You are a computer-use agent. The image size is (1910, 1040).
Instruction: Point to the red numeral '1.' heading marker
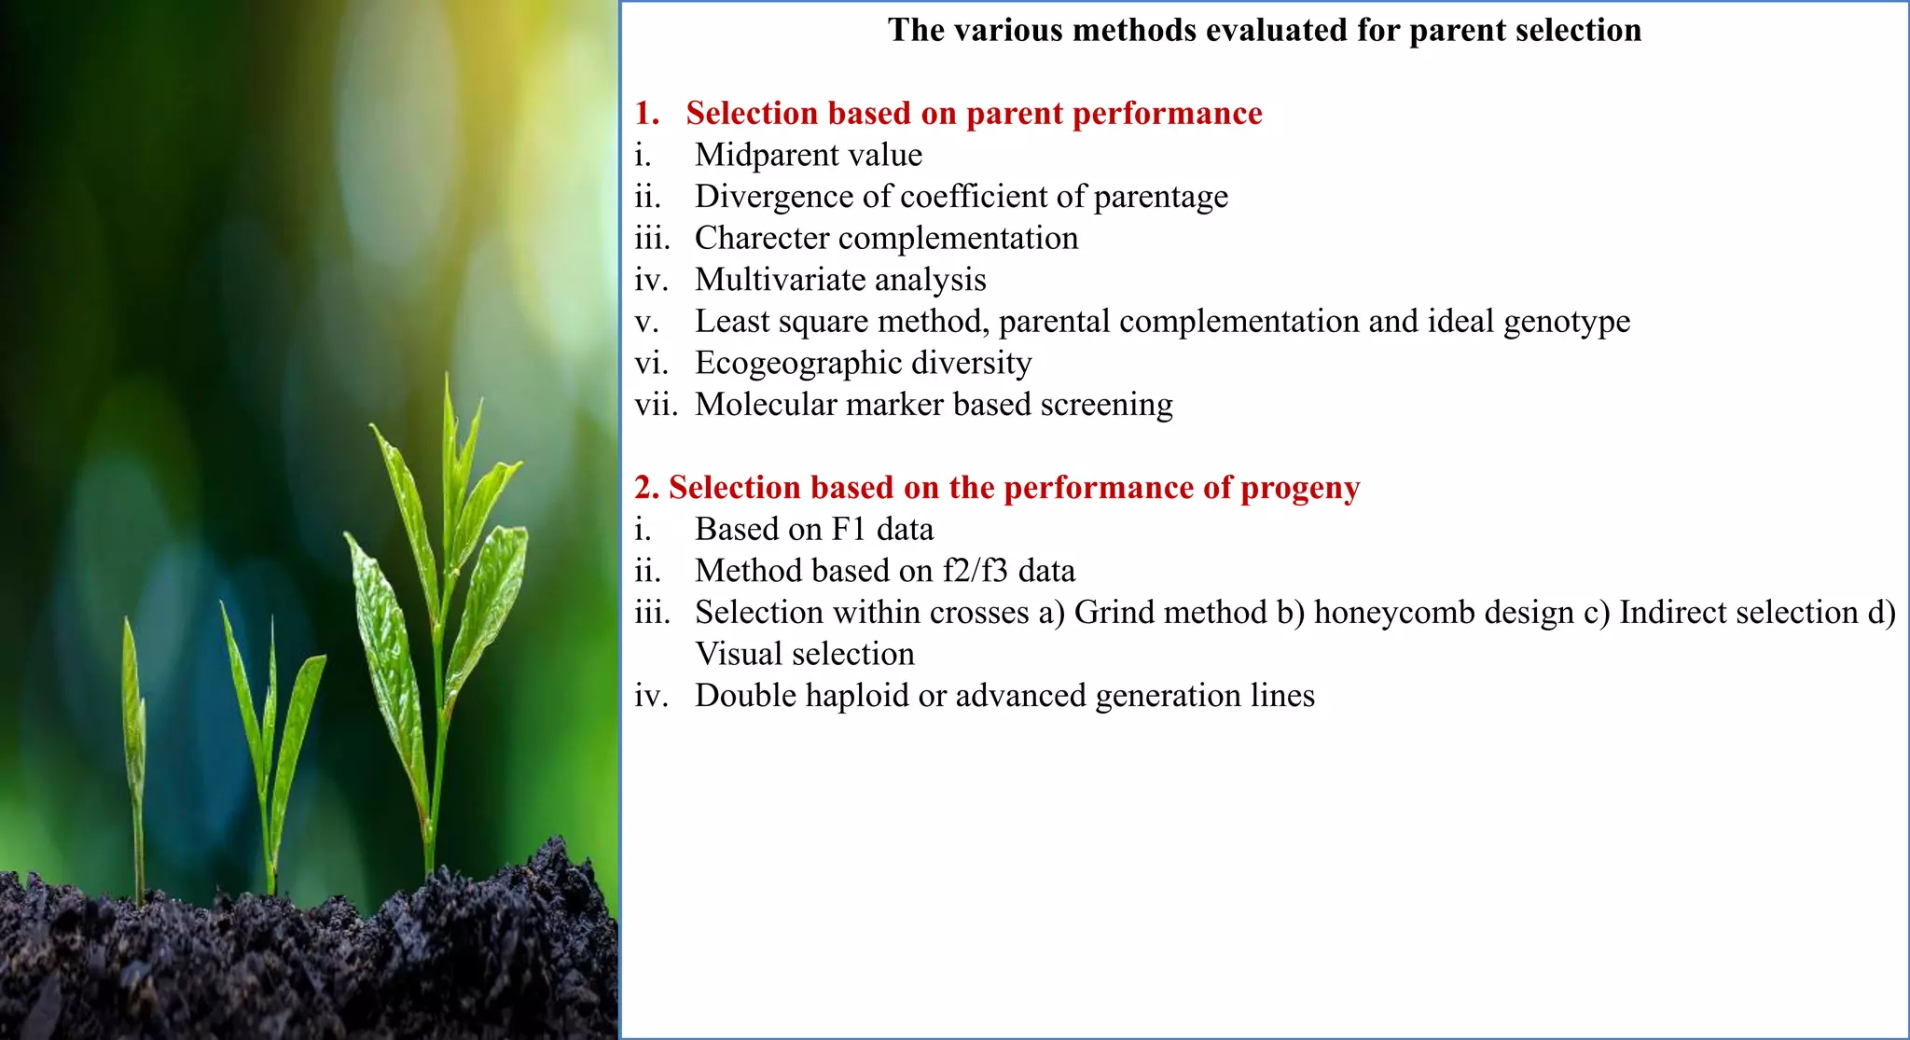click(647, 114)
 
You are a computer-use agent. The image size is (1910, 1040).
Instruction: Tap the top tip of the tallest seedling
click(449, 379)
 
